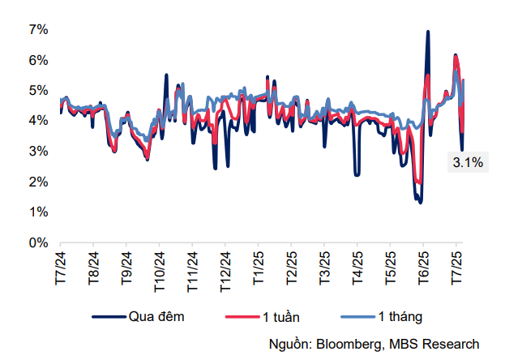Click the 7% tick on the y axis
tap(39, 30)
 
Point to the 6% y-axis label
tap(39, 60)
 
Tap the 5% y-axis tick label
tap(39, 91)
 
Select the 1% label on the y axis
tap(39, 212)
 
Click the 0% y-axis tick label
tap(39, 242)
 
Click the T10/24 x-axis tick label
tap(159, 270)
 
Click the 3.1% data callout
tap(468, 163)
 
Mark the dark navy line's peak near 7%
tap(427, 32)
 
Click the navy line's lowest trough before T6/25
tap(420, 202)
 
